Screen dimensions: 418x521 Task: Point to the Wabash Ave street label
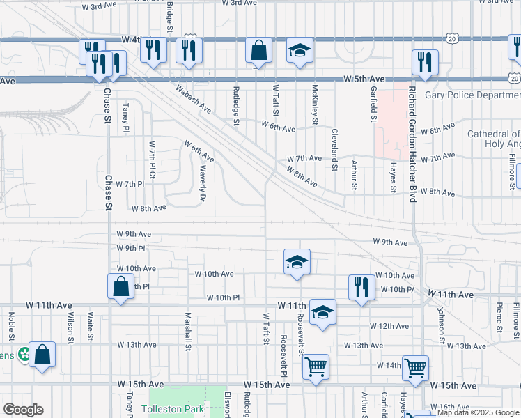(193, 98)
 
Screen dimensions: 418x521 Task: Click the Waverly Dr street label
(203, 183)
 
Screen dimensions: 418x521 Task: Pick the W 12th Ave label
(389, 326)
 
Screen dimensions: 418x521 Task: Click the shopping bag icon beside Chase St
(120, 286)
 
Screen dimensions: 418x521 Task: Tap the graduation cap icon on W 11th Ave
(322, 313)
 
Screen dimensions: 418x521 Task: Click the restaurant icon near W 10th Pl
(361, 287)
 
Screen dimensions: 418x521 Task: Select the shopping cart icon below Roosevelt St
(316, 366)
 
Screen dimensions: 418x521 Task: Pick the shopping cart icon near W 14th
(415, 366)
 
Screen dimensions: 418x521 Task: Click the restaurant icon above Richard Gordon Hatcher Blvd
(424, 62)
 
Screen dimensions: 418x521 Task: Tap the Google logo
(22, 410)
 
